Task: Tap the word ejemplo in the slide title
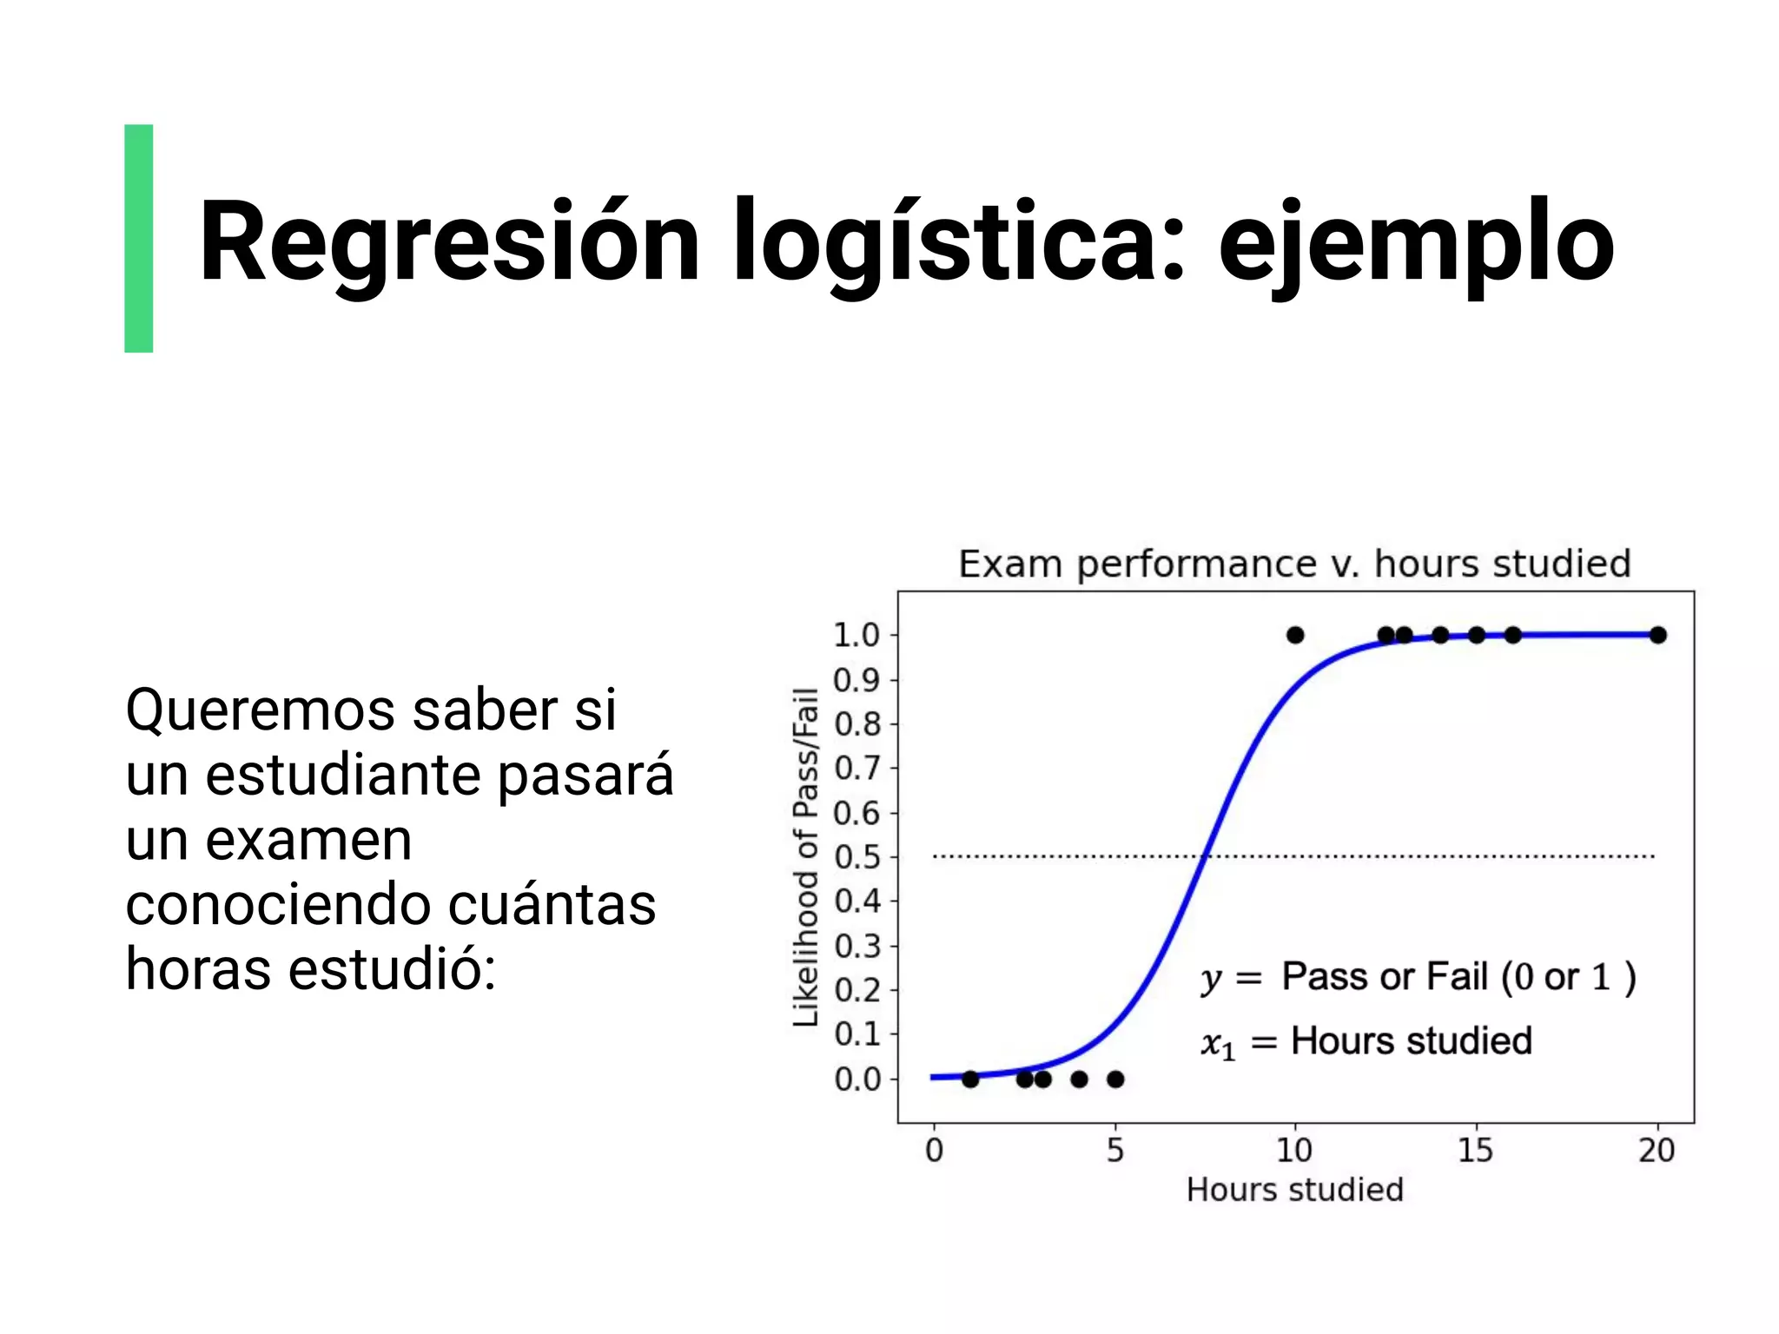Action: click(1416, 243)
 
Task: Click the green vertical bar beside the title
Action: click(139, 238)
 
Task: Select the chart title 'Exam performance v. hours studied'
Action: click(1294, 565)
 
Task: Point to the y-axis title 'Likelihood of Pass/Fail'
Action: click(806, 856)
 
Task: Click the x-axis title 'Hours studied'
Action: click(1294, 1190)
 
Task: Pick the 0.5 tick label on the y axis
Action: click(856, 857)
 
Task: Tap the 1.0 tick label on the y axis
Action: click(856, 636)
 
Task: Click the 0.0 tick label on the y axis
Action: click(856, 1080)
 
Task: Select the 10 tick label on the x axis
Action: click(1294, 1151)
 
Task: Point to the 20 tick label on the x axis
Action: click(1657, 1151)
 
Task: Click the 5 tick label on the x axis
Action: click(1115, 1151)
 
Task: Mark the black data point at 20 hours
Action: click(1657, 635)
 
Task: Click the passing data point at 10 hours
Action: click(1295, 635)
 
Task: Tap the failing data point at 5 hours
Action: click(1115, 1080)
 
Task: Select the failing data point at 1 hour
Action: click(970, 1080)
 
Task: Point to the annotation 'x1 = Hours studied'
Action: click(1366, 1041)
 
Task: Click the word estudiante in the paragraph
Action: click(342, 775)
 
